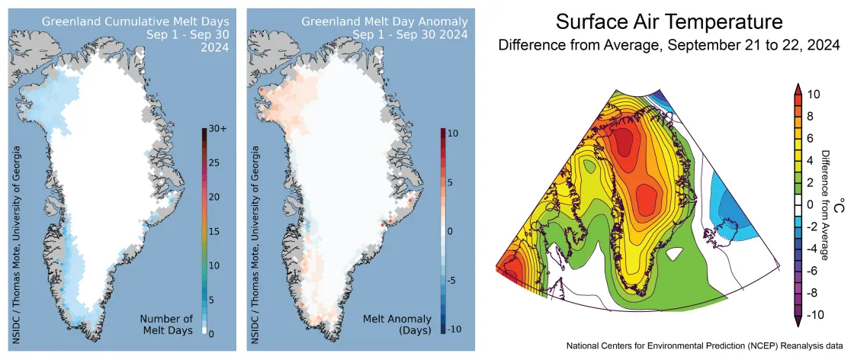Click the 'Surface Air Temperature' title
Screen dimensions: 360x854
click(669, 21)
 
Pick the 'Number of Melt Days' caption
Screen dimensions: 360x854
click(166, 325)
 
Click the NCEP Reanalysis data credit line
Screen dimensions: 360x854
click(704, 345)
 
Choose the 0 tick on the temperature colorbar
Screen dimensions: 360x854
click(813, 204)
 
